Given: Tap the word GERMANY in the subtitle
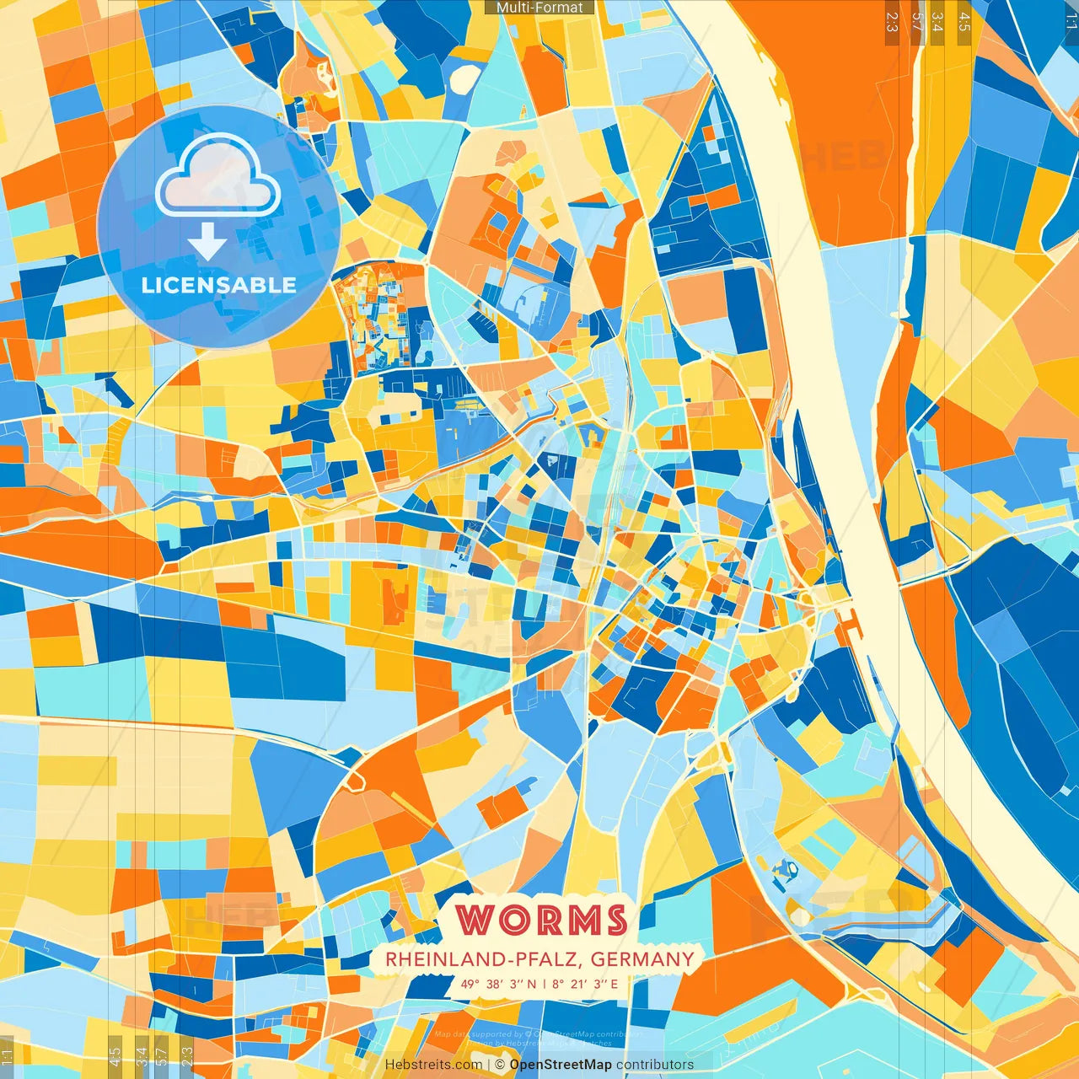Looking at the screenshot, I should coord(642,959).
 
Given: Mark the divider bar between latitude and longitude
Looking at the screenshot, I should coord(544,984).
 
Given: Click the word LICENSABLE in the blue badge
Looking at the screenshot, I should coord(218,285).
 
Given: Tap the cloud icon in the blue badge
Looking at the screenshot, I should coord(218,177).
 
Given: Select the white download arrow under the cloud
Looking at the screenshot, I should coord(207,242).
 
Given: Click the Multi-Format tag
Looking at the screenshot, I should coord(539,8).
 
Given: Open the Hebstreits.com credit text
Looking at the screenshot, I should coord(433,1065).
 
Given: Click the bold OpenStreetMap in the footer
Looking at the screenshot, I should coord(560,1065).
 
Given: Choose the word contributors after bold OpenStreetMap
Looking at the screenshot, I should coord(655,1065).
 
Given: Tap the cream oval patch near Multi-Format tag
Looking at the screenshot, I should coord(464,78).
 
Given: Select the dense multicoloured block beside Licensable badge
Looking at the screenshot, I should coord(371,316).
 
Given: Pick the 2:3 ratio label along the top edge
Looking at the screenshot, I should coord(892,21).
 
